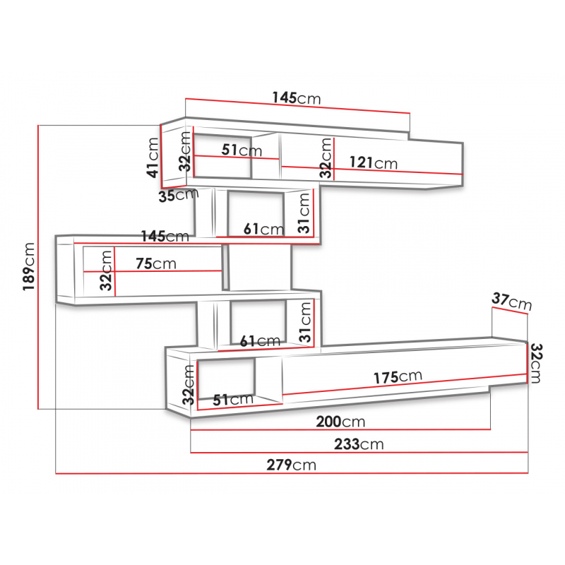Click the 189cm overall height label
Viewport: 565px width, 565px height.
pyautogui.click(x=29, y=266)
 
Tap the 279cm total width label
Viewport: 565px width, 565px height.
pyautogui.click(x=291, y=465)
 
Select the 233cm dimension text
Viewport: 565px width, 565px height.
pyautogui.click(x=359, y=444)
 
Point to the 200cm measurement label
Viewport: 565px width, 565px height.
pyautogui.click(x=340, y=421)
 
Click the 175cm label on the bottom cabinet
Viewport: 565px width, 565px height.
pyautogui.click(x=398, y=377)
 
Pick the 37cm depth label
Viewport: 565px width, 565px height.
pyautogui.click(x=511, y=302)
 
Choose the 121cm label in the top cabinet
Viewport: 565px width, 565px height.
pyautogui.click(x=374, y=163)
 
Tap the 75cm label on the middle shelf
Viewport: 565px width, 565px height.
pyautogui.click(x=156, y=263)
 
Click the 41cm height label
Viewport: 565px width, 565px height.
pyautogui.click(x=153, y=157)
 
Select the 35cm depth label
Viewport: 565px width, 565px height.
pyautogui.click(x=179, y=195)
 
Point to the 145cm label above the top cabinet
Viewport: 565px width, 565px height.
pyautogui.click(x=296, y=97)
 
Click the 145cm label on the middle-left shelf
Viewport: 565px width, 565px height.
pyautogui.click(x=165, y=237)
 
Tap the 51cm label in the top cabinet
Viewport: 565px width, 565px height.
pyautogui.click(x=242, y=150)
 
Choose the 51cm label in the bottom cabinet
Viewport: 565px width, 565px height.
pyautogui.click(x=233, y=400)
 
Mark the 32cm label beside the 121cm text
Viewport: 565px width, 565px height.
pyautogui.click(x=326, y=157)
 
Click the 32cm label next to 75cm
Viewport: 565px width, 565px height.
pyautogui.click(x=105, y=270)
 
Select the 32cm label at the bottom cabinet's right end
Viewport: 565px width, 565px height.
pyautogui.click(x=535, y=363)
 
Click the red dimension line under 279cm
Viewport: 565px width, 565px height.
pyautogui.click(x=292, y=473)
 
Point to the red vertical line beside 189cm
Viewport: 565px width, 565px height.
pyautogui.click(x=38, y=267)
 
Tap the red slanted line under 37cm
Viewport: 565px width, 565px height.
pyautogui.click(x=510, y=311)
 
